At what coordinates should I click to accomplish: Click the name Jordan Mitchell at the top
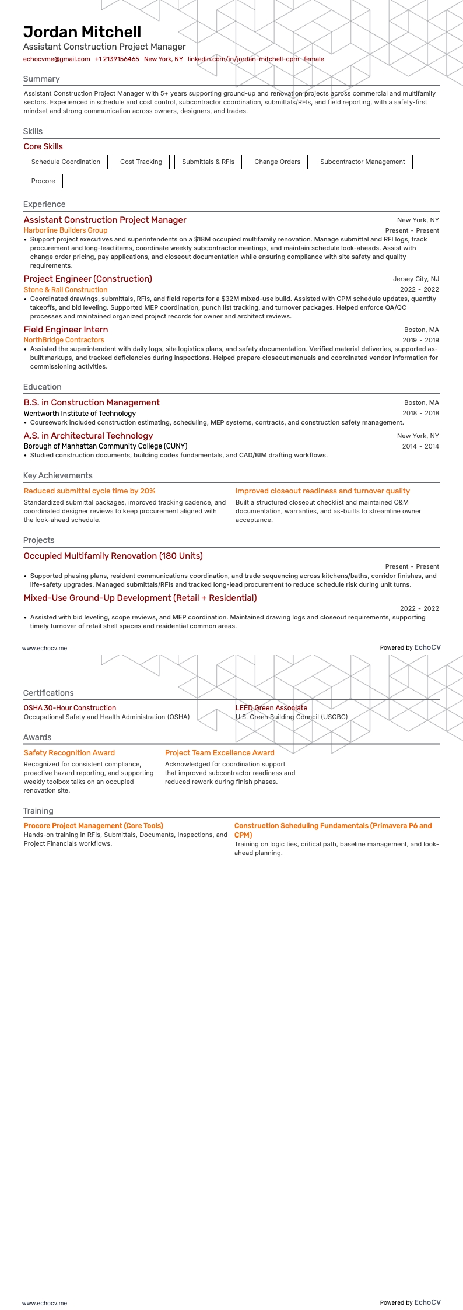coord(82,32)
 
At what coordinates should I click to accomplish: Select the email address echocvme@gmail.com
coord(57,59)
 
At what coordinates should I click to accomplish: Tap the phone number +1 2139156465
coord(117,59)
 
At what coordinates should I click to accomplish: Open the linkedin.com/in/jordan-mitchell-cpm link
coord(243,59)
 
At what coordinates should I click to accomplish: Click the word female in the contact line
coord(314,59)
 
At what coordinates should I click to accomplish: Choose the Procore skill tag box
coord(43,181)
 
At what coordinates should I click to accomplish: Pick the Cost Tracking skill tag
coord(141,162)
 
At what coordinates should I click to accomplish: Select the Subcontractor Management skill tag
coord(362,162)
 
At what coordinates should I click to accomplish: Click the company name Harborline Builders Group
coord(65,230)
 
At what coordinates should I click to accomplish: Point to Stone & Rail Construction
coord(65,290)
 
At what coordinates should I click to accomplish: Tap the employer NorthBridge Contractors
coord(64,340)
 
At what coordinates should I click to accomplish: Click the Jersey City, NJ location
coord(416,279)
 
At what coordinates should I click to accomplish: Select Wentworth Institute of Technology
coord(79,414)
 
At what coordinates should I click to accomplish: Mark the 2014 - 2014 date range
coord(420,446)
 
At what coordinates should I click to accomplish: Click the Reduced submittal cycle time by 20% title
coord(89,491)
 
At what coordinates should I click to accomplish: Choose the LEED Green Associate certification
coord(271,708)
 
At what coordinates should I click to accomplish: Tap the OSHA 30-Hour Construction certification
coord(69,708)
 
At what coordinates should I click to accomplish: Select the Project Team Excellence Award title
coord(219,753)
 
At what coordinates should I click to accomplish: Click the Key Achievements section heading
coord(58,475)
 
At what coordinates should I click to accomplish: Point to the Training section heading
coord(38,811)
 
